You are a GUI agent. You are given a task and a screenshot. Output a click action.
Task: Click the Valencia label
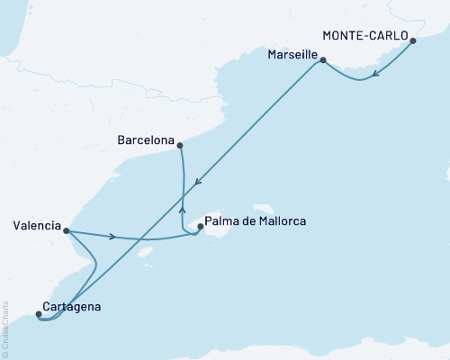click(x=32, y=225)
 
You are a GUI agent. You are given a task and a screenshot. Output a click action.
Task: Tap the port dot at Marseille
click(x=322, y=61)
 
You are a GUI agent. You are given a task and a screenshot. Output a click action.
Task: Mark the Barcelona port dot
click(x=180, y=145)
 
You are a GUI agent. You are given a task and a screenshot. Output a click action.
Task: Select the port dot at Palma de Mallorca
click(x=200, y=227)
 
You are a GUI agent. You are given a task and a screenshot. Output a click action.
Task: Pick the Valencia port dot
click(x=67, y=230)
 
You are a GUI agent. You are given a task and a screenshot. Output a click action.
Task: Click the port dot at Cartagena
click(x=38, y=314)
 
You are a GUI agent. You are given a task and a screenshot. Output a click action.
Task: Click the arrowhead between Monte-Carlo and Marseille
click(x=375, y=74)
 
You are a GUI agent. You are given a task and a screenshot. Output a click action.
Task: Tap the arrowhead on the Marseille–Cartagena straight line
click(x=197, y=179)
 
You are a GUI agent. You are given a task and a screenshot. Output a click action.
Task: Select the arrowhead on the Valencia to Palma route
click(x=112, y=238)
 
